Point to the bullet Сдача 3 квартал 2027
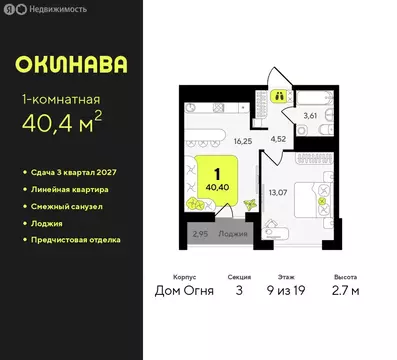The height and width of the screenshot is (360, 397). coord(75,172)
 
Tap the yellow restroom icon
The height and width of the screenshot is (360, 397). coord(281,96)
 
